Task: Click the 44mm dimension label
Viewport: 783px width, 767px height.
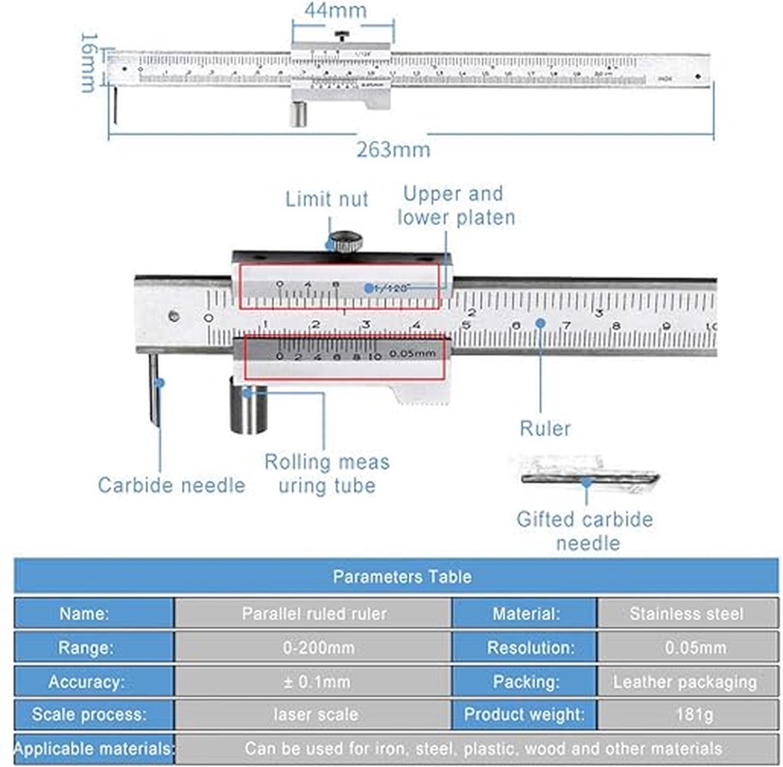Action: tap(335, 10)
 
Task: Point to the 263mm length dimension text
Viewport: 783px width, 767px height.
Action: tap(393, 149)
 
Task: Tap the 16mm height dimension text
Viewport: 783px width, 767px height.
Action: tap(89, 63)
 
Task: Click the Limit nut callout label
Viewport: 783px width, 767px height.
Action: tap(326, 199)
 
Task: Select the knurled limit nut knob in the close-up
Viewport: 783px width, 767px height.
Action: tap(345, 242)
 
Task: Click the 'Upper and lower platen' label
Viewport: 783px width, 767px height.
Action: tap(455, 205)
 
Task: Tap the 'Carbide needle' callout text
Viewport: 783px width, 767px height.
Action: tap(171, 485)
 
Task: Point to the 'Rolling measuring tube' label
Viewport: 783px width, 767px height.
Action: tap(326, 474)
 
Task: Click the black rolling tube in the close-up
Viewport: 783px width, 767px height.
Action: tap(248, 408)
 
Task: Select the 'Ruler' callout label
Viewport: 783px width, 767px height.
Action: tap(545, 429)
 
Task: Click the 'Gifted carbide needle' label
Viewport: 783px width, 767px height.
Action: tap(585, 531)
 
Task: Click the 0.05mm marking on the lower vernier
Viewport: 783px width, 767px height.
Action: tap(412, 353)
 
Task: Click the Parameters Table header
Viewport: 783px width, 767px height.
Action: tap(401, 577)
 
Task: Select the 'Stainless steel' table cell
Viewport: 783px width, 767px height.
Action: tap(686, 614)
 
